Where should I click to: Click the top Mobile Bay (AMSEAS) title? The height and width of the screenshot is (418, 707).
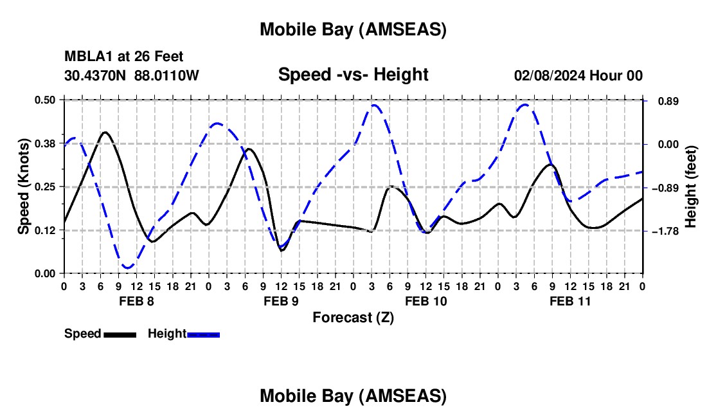tap(353, 30)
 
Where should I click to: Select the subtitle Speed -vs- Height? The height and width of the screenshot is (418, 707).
tap(353, 75)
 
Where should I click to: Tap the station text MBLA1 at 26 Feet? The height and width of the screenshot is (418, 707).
tap(124, 57)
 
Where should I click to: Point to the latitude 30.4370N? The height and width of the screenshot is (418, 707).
tap(96, 75)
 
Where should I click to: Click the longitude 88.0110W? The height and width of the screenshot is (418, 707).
tap(166, 75)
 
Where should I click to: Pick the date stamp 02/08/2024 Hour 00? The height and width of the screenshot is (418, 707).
tap(578, 75)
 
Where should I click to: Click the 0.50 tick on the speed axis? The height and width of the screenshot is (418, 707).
tap(47, 100)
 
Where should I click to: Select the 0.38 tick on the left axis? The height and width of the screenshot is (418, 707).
tap(47, 143)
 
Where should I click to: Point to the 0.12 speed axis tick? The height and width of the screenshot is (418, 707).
tap(47, 230)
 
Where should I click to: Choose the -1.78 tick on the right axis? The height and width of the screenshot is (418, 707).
tap(665, 231)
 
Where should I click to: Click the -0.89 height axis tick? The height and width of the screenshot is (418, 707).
tap(665, 188)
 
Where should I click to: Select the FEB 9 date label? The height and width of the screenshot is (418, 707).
tap(281, 301)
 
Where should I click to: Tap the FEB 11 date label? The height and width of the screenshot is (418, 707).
tap(570, 301)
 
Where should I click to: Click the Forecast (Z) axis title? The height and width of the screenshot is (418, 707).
tap(353, 317)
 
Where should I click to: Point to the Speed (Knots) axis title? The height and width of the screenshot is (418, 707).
tap(24, 186)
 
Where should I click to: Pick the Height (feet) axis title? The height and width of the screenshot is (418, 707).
tap(691, 187)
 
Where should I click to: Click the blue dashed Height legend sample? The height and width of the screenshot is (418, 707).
tap(204, 334)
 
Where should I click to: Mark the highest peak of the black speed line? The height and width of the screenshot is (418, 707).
tap(105, 132)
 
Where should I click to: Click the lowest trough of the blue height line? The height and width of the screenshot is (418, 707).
tap(127, 267)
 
